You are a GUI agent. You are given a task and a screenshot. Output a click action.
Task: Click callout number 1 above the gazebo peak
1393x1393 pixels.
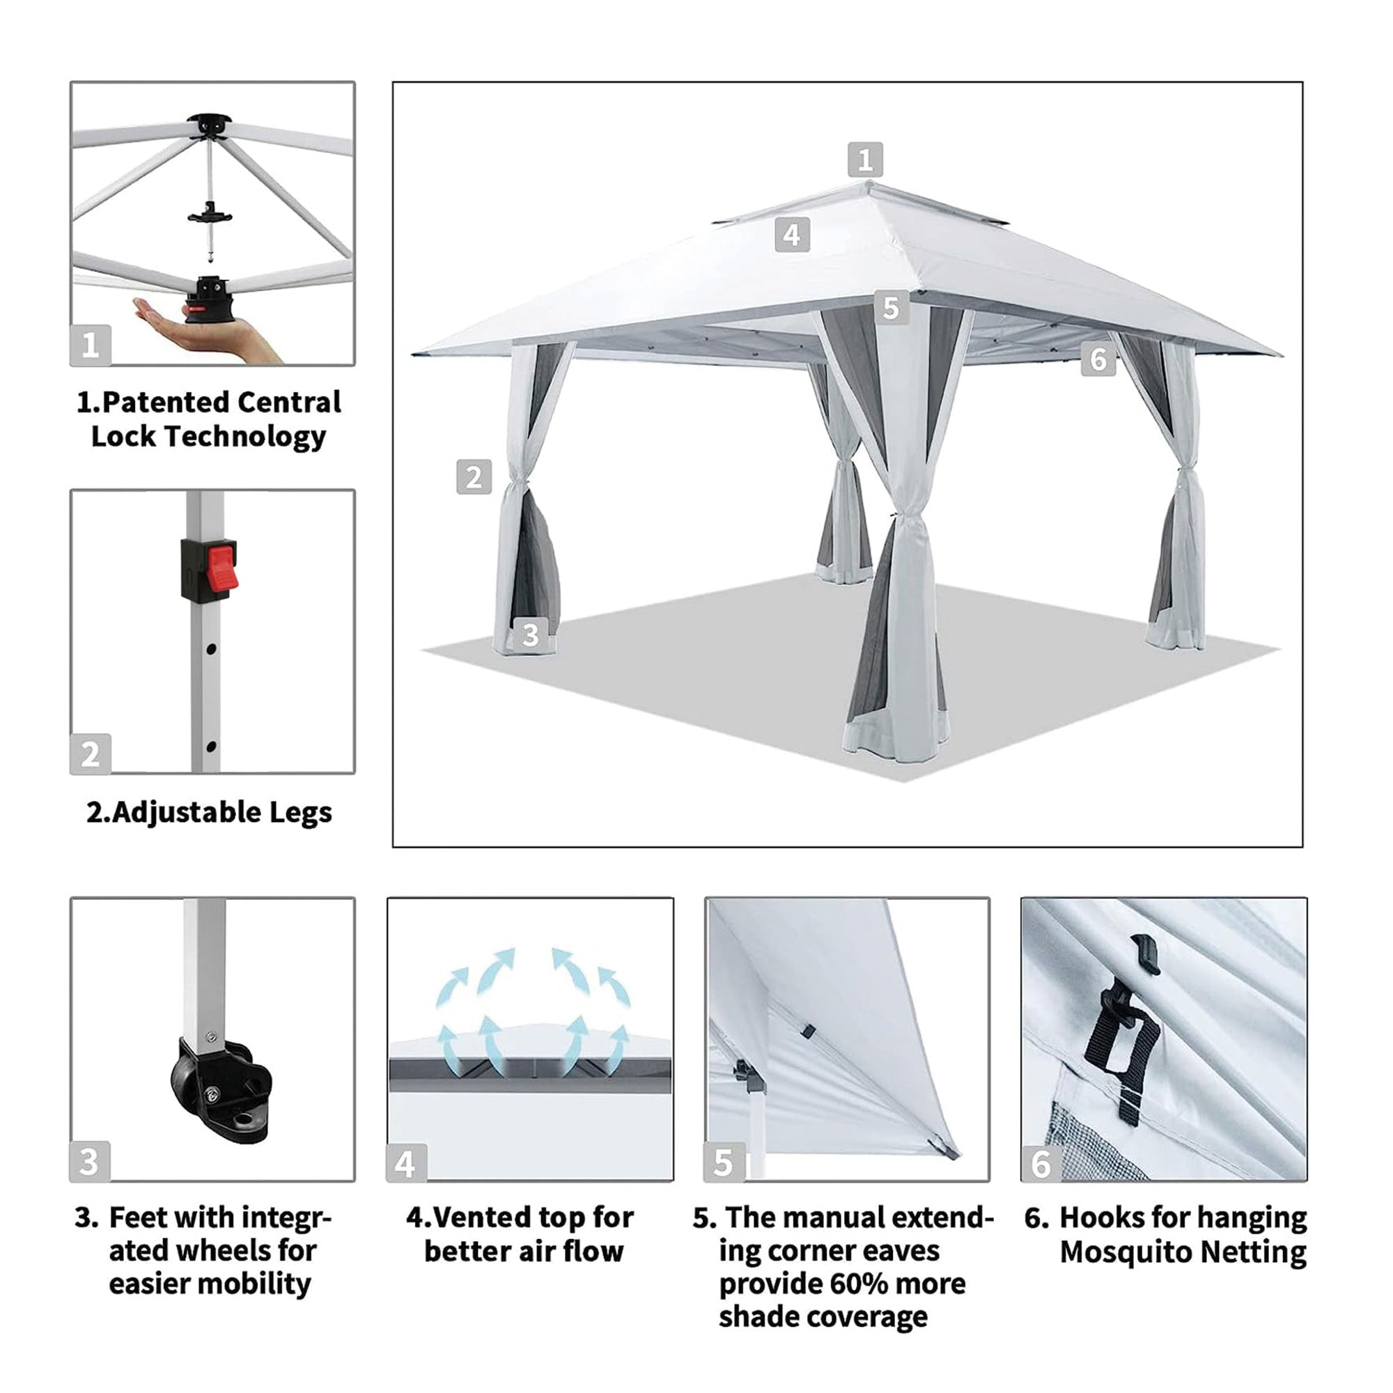click(x=865, y=159)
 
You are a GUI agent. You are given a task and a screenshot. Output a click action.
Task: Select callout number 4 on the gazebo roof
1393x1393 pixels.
click(x=792, y=234)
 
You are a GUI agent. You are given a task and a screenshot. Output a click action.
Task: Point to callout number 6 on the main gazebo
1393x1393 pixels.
click(x=1098, y=358)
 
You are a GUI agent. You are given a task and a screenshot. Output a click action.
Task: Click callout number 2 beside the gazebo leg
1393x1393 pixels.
click(x=474, y=476)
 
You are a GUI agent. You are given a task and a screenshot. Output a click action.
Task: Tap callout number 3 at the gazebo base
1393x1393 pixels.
click(x=530, y=635)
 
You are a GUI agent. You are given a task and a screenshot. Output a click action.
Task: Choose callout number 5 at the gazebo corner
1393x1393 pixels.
click(x=892, y=308)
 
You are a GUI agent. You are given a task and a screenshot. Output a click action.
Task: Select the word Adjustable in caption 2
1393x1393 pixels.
click(x=186, y=813)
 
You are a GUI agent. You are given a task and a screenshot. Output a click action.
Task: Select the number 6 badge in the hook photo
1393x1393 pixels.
click(x=1041, y=1165)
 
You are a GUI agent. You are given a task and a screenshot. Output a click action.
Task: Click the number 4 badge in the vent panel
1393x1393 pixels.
click(x=405, y=1165)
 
